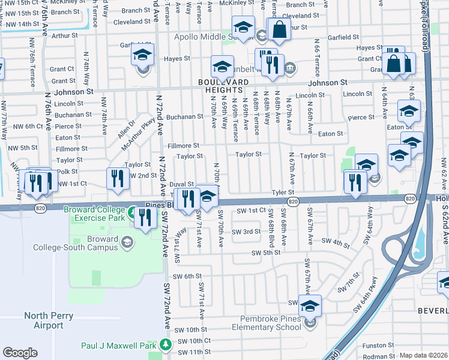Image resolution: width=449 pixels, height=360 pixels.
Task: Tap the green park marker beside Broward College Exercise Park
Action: click(x=131, y=211)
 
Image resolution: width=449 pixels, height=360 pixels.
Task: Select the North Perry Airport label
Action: click(x=49, y=320)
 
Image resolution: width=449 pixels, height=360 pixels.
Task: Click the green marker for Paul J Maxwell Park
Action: click(x=165, y=345)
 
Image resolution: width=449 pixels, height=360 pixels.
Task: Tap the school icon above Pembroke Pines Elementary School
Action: click(x=310, y=306)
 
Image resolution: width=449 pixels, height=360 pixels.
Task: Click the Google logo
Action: click(x=20, y=353)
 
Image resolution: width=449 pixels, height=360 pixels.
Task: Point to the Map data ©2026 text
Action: click(x=424, y=356)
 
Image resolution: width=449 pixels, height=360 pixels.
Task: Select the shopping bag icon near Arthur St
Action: click(x=279, y=28)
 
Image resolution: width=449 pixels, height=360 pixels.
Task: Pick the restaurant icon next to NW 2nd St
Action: click(x=118, y=178)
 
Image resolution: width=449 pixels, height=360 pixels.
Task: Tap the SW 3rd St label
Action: click(x=247, y=232)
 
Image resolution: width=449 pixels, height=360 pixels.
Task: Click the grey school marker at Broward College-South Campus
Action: click(x=127, y=242)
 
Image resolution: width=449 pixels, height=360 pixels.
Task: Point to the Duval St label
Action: click(x=181, y=185)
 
